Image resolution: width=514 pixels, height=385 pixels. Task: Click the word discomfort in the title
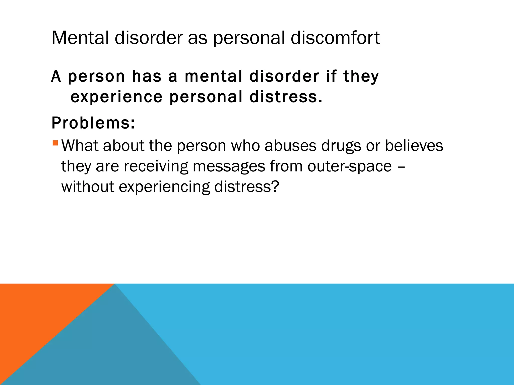pyautogui.click(x=335, y=38)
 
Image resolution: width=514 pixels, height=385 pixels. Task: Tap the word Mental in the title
pyautogui.click(x=80, y=38)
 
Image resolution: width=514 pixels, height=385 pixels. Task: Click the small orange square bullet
pyautogui.click(x=55, y=143)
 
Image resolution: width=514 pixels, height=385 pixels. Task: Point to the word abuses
pyautogui.click(x=291, y=146)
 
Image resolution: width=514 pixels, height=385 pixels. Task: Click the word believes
pyautogui.click(x=414, y=146)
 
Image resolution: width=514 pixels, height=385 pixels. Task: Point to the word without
pyautogui.click(x=88, y=187)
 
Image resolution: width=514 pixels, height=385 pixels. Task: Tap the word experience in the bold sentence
pyautogui.click(x=117, y=97)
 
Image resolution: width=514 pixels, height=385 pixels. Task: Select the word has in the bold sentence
pyautogui.click(x=147, y=76)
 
